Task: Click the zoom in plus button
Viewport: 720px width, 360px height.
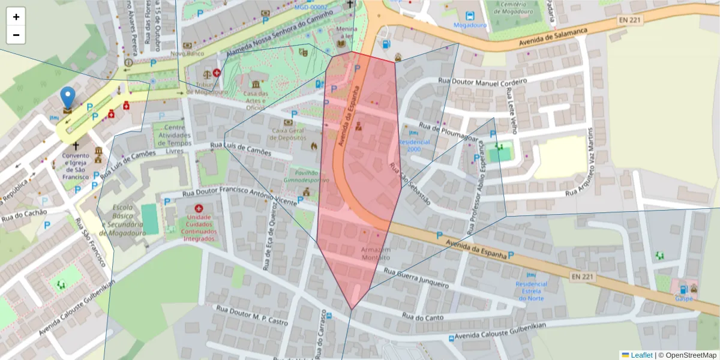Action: click(x=16, y=17)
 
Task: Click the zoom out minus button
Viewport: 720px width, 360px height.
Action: click(x=16, y=35)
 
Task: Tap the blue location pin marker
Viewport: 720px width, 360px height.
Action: click(x=68, y=98)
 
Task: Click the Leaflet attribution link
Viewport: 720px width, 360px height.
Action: click(x=636, y=355)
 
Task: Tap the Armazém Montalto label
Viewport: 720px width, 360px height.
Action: click(x=376, y=253)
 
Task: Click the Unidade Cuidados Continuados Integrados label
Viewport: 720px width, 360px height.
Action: click(x=199, y=227)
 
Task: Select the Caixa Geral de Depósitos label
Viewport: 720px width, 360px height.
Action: click(x=289, y=134)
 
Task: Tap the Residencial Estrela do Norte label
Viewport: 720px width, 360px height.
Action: click(x=532, y=291)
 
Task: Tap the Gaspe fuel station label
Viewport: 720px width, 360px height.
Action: click(x=683, y=298)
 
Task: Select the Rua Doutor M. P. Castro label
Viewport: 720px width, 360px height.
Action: click(x=253, y=316)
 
